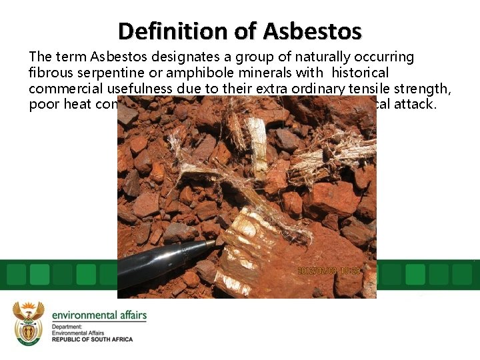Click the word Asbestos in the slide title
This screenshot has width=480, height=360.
pyautogui.click(x=312, y=31)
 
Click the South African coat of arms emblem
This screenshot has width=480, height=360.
pyautogui.click(x=29, y=323)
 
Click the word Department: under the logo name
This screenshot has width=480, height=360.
pyautogui.click(x=67, y=327)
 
